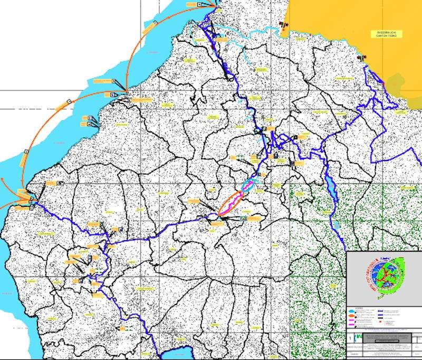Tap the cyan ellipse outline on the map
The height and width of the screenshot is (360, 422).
(x=248, y=184)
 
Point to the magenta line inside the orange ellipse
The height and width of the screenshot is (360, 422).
(x=231, y=203)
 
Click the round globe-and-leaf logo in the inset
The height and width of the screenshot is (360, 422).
(x=383, y=273)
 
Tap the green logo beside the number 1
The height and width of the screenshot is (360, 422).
(x=359, y=336)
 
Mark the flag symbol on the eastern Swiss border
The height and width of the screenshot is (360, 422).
(x=361, y=57)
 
